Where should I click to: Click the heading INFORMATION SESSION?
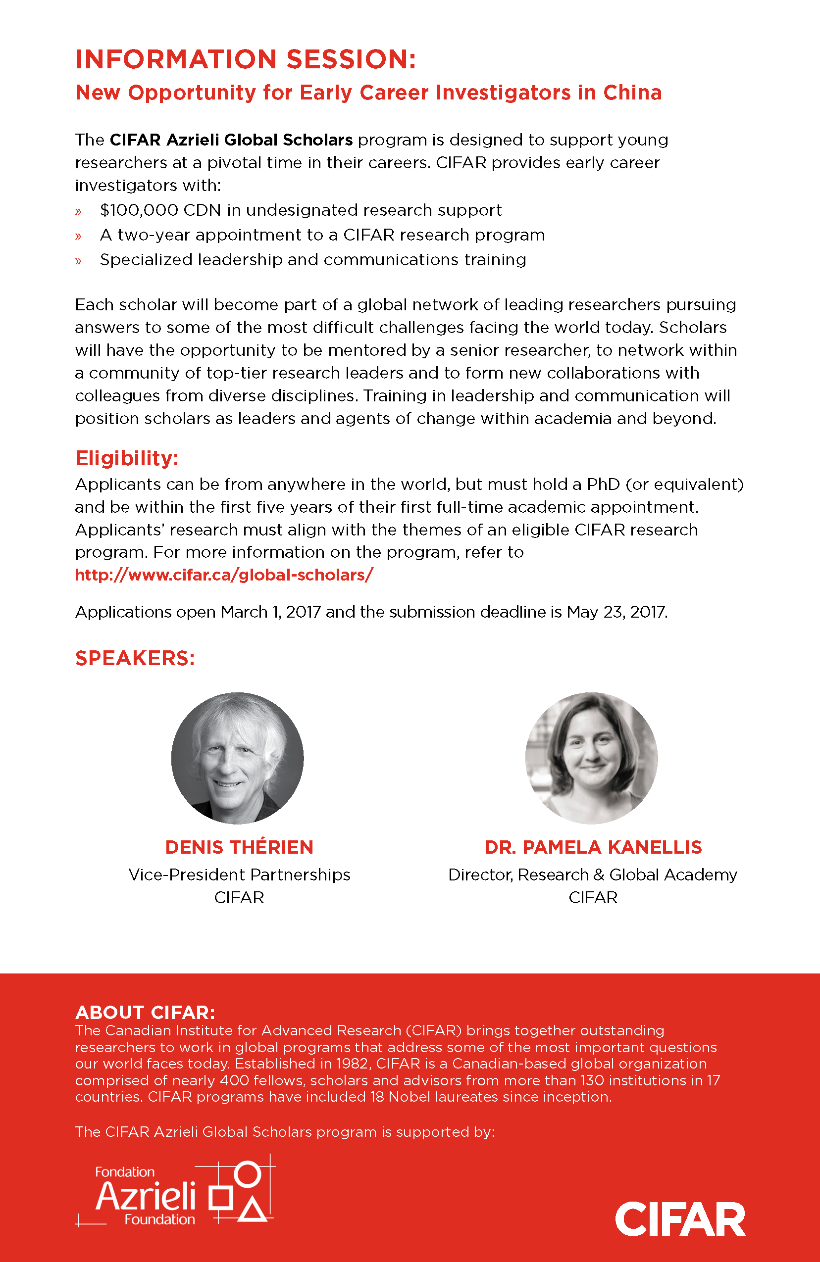coord(246,59)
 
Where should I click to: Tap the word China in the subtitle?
coord(632,93)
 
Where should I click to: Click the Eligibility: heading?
coord(127,458)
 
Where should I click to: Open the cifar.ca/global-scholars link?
coord(224,575)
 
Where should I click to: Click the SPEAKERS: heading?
coord(135,658)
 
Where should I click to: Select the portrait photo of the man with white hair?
coord(238,758)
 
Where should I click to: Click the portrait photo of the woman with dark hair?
coord(591,758)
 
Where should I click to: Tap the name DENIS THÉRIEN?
coord(239,847)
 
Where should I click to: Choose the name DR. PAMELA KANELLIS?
coord(593,847)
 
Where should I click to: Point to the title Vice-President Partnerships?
coord(239,875)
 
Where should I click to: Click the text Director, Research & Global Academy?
coord(592,875)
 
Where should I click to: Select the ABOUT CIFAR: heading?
coord(145,1012)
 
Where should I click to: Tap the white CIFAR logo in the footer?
coord(680,1219)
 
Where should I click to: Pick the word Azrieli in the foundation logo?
coord(146,1197)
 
